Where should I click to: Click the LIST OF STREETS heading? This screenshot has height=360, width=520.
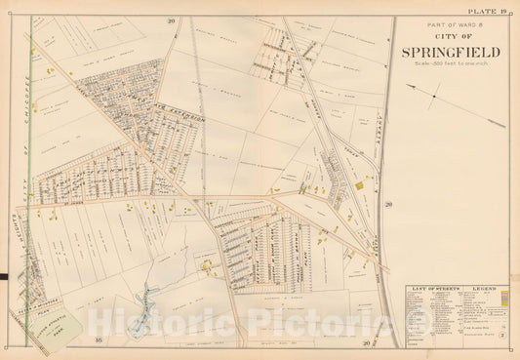[x=432, y=290]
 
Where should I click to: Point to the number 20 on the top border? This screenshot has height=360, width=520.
[x=170, y=20]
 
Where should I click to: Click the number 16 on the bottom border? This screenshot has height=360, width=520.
[x=100, y=340]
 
